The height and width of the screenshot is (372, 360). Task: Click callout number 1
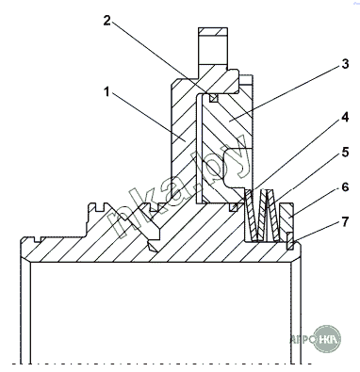coord(106,92)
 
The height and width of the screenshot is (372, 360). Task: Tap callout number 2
coord(107,21)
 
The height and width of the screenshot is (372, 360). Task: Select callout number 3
coord(345,64)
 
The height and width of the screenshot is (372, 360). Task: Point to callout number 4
coord(345,118)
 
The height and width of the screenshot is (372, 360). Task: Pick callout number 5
coord(345,153)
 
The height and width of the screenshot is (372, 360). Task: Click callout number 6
coord(345,187)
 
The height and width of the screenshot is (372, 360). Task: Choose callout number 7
coord(345,222)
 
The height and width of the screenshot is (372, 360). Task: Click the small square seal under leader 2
coord(214,98)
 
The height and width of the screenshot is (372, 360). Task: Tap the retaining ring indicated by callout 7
coord(290,241)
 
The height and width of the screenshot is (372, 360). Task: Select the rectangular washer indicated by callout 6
coord(286,221)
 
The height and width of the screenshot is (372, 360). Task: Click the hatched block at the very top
coord(213,31)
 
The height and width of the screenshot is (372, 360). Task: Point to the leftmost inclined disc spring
coord(252,216)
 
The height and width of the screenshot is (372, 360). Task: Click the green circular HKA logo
coord(327,339)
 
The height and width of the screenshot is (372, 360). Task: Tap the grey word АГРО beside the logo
coord(302,339)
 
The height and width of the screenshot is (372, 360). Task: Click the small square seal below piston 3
coord(234,207)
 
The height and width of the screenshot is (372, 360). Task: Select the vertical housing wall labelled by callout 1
coord(184,138)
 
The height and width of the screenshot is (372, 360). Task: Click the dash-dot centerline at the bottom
coord(162,364)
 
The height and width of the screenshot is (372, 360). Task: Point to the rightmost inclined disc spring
coord(273,216)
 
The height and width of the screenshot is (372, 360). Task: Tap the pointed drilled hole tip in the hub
coord(153,247)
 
